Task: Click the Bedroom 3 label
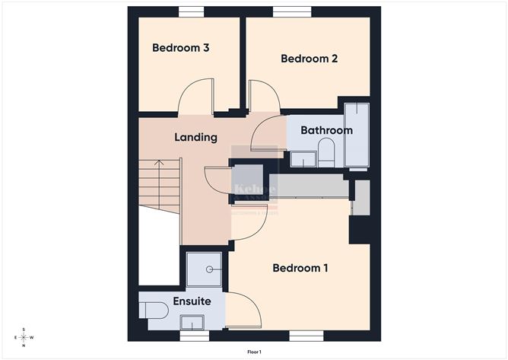tap(181, 48)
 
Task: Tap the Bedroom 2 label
tap(309, 59)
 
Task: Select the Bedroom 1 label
tap(300, 268)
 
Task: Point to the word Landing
tap(196, 138)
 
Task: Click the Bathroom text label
tap(326, 130)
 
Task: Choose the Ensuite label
tap(192, 301)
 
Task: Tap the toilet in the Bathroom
tap(325, 153)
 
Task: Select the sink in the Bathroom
tap(303, 159)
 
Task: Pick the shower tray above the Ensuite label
tap(205, 269)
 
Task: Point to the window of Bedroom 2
tap(292, 11)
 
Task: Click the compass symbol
tap(24, 337)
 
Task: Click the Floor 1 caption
tap(254, 352)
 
